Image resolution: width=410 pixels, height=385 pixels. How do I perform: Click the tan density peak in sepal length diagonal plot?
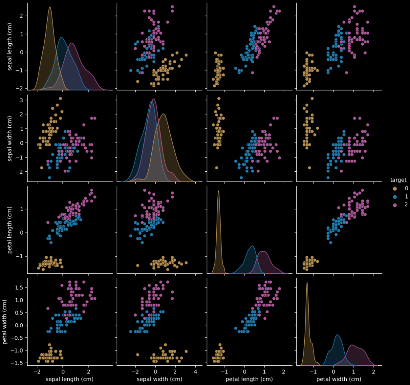click(50, 7)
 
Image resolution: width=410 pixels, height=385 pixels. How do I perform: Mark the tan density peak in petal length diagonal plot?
click(218, 191)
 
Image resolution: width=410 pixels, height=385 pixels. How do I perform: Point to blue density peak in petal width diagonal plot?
click(338, 335)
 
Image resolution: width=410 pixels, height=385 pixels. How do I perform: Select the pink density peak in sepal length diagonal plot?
click(72, 43)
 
